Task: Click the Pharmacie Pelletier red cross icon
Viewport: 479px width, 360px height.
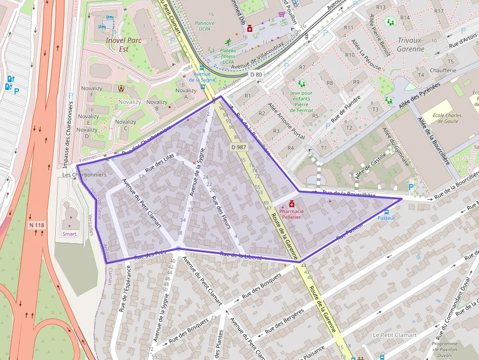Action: [x=292, y=204]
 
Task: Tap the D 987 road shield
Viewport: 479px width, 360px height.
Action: [x=238, y=147]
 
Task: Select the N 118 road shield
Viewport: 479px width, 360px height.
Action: [x=37, y=225]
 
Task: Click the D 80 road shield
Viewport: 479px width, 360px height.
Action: [x=256, y=75]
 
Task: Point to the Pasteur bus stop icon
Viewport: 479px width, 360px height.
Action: [x=387, y=212]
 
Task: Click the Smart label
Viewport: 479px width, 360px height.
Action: [x=69, y=234]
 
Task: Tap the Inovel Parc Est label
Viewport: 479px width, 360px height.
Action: [x=123, y=44]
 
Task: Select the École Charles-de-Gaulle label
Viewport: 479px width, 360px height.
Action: [x=449, y=118]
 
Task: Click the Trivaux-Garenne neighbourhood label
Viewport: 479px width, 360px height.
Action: [x=411, y=44]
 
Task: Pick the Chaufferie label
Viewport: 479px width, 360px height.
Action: [x=443, y=70]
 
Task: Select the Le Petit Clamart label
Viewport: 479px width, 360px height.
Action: [x=394, y=335]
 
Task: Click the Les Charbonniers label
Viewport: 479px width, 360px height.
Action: [x=85, y=174]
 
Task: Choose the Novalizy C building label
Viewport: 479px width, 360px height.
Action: [x=126, y=126]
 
